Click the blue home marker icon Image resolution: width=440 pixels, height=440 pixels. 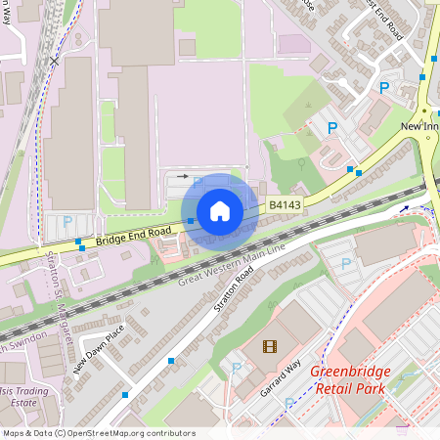pyautogui.click(x=220, y=211)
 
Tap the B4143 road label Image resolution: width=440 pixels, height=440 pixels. pyautogui.click(x=285, y=205)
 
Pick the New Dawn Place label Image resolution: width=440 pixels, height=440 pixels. pyautogui.click(x=99, y=349)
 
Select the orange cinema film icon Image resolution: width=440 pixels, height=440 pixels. pyautogui.click(x=270, y=345)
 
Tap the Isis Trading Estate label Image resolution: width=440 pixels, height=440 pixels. pyautogui.click(x=22, y=395)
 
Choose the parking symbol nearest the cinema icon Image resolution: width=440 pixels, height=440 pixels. pyautogui.click(x=236, y=369)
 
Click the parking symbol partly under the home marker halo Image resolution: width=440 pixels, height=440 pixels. pyautogui.click(x=198, y=183)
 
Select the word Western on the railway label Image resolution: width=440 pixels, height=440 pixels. pyautogui.click(x=230, y=269)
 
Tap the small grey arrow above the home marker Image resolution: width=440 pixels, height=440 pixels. pyautogui.click(x=182, y=177)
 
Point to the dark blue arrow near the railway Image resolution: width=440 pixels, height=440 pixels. pyautogui.click(x=403, y=207)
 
